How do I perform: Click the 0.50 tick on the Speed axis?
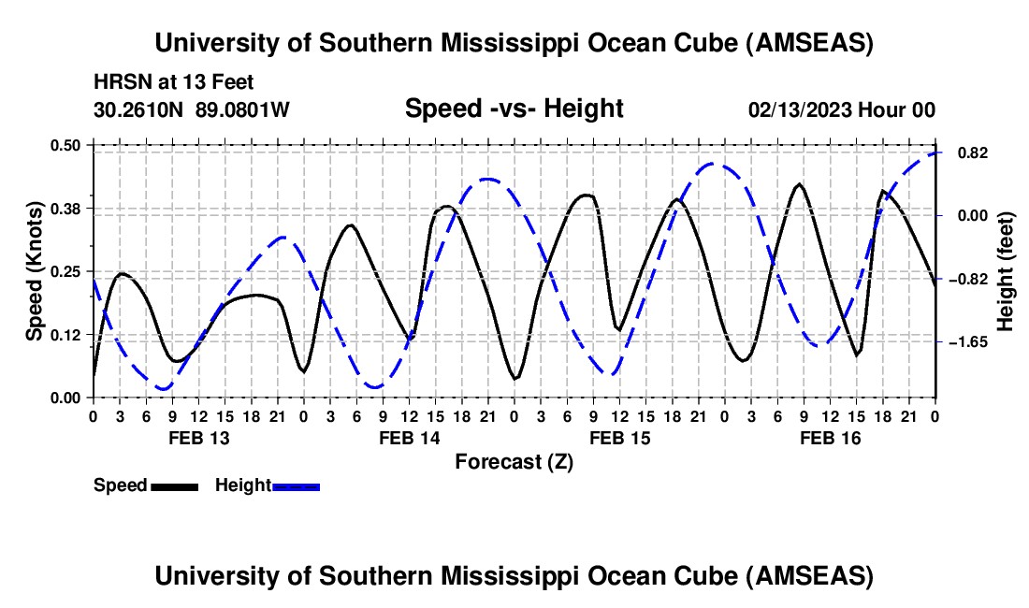(65, 145)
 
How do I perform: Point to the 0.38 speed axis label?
(65, 209)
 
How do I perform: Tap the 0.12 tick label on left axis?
(65, 335)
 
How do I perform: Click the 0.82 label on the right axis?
(973, 152)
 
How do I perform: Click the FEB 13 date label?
(199, 438)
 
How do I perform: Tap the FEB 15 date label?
(620, 438)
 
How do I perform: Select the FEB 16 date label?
(830, 438)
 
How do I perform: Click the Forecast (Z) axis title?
(514, 462)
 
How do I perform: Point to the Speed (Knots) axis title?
(34, 271)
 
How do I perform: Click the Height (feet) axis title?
(1006, 271)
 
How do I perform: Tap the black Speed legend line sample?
(175, 486)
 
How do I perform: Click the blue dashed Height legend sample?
(296, 486)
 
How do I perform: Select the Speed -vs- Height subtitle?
(514, 109)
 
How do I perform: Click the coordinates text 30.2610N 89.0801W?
(192, 109)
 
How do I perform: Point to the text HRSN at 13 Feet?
(174, 82)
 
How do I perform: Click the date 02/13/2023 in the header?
(800, 109)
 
